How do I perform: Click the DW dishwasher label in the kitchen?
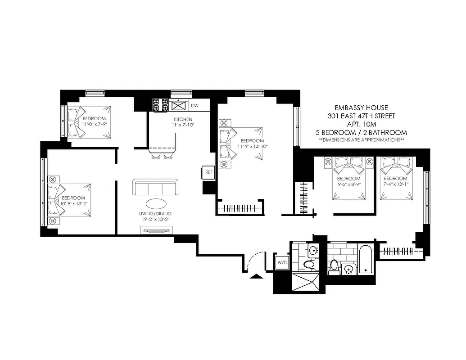[x=195, y=106]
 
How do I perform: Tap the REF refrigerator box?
[x=208, y=172]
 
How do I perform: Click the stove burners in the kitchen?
[x=160, y=105]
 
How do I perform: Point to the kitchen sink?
[x=179, y=106]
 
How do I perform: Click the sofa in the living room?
[x=155, y=187]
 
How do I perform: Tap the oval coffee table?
[x=156, y=203]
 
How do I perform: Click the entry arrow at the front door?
[x=256, y=276]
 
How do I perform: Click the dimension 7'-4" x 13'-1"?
[x=396, y=184]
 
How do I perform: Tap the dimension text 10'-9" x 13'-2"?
[x=73, y=203]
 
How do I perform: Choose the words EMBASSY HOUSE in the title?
[x=361, y=108]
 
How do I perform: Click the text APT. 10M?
[x=361, y=124]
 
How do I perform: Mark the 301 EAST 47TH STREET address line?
[x=361, y=116]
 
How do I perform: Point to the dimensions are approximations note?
[x=361, y=140]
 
